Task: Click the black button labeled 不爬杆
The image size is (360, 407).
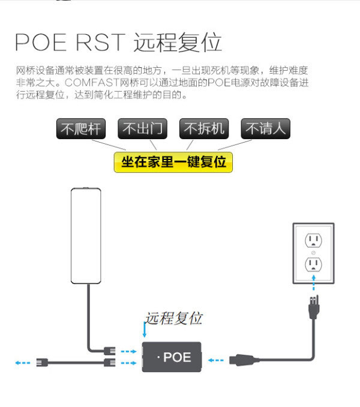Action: coord(81,128)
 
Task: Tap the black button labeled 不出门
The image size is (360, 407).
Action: coord(142,128)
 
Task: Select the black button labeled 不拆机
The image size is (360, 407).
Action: coord(204,128)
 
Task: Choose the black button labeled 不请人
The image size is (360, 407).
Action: coord(265,128)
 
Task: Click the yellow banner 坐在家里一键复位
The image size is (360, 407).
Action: coord(173,162)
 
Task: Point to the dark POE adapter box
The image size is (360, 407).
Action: coord(172,357)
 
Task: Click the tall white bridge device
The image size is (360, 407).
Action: coord(86,236)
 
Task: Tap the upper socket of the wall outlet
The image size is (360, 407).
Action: coord(313,240)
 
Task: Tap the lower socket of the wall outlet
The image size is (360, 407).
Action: coord(313,264)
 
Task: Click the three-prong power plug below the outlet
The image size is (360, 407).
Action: coord(314,307)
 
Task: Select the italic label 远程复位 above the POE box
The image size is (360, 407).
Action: coord(173,318)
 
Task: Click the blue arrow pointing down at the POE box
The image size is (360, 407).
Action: coord(145,330)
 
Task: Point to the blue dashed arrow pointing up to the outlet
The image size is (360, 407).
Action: coord(314,283)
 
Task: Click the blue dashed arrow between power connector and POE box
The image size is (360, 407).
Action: coord(216,360)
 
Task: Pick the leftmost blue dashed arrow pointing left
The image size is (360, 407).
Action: coord(23,363)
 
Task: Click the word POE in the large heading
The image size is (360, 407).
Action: coord(41,43)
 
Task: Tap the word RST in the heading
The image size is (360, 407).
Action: coord(101,43)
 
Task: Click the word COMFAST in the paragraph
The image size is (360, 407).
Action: coord(92,83)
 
